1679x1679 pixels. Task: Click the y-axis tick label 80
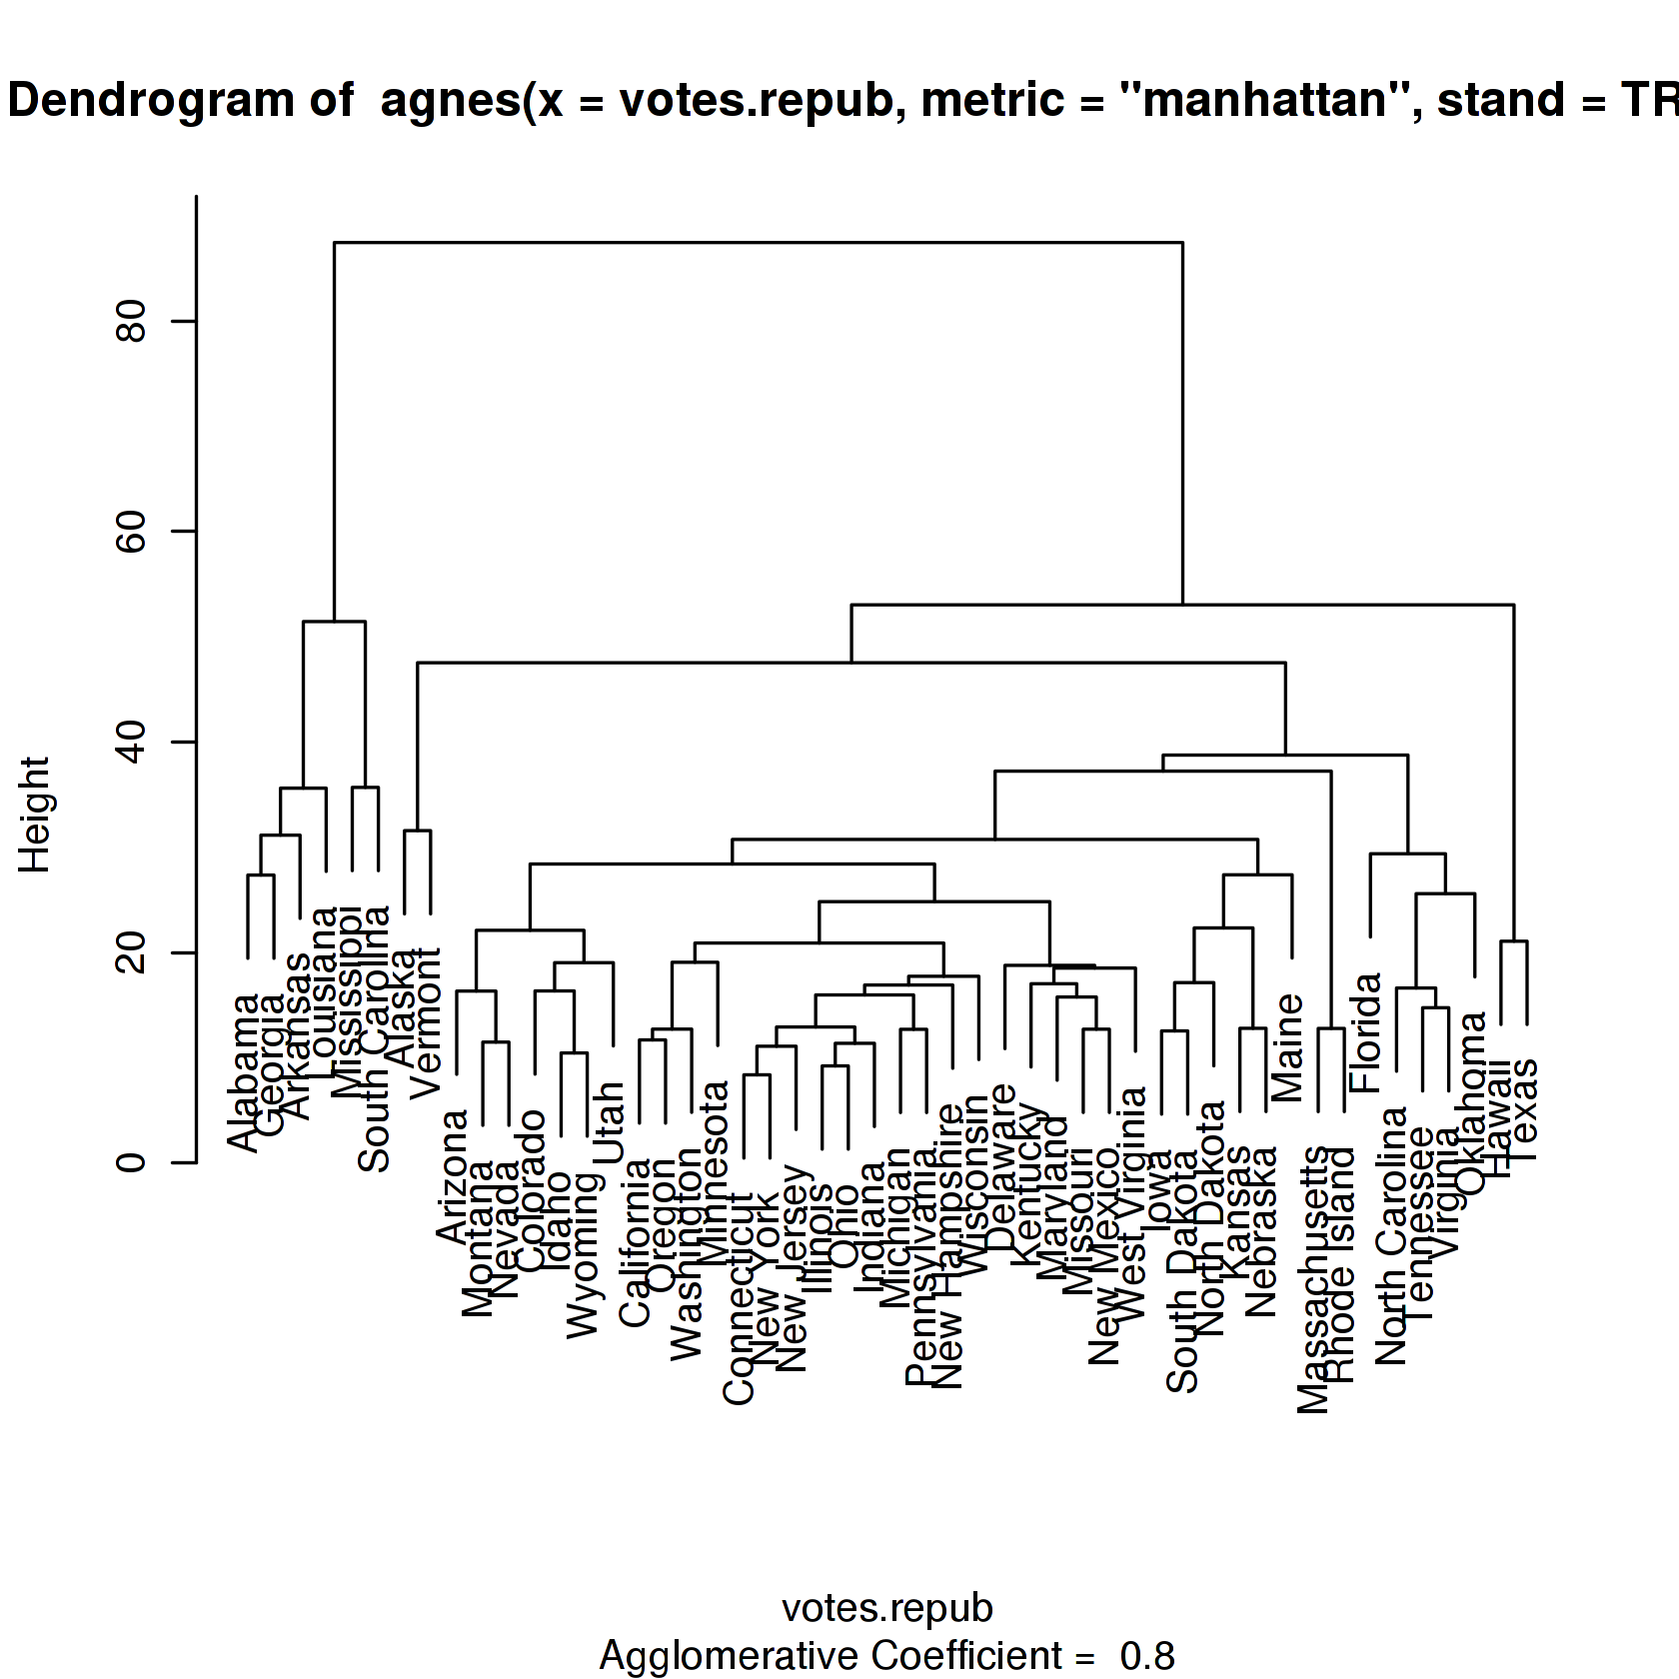[132, 321]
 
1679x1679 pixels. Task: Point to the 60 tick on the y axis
[132, 532]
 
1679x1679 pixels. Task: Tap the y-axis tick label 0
[132, 1163]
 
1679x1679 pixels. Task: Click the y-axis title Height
[35, 815]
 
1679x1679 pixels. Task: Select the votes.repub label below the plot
[886, 1608]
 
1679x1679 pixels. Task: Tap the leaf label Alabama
[245, 1071]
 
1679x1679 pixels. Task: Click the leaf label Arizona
[454, 1176]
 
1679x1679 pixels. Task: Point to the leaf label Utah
[610, 1122]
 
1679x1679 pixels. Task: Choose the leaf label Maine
[1289, 1046]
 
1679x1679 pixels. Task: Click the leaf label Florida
[1366, 1031]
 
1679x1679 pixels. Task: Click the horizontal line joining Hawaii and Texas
[1514, 941]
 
